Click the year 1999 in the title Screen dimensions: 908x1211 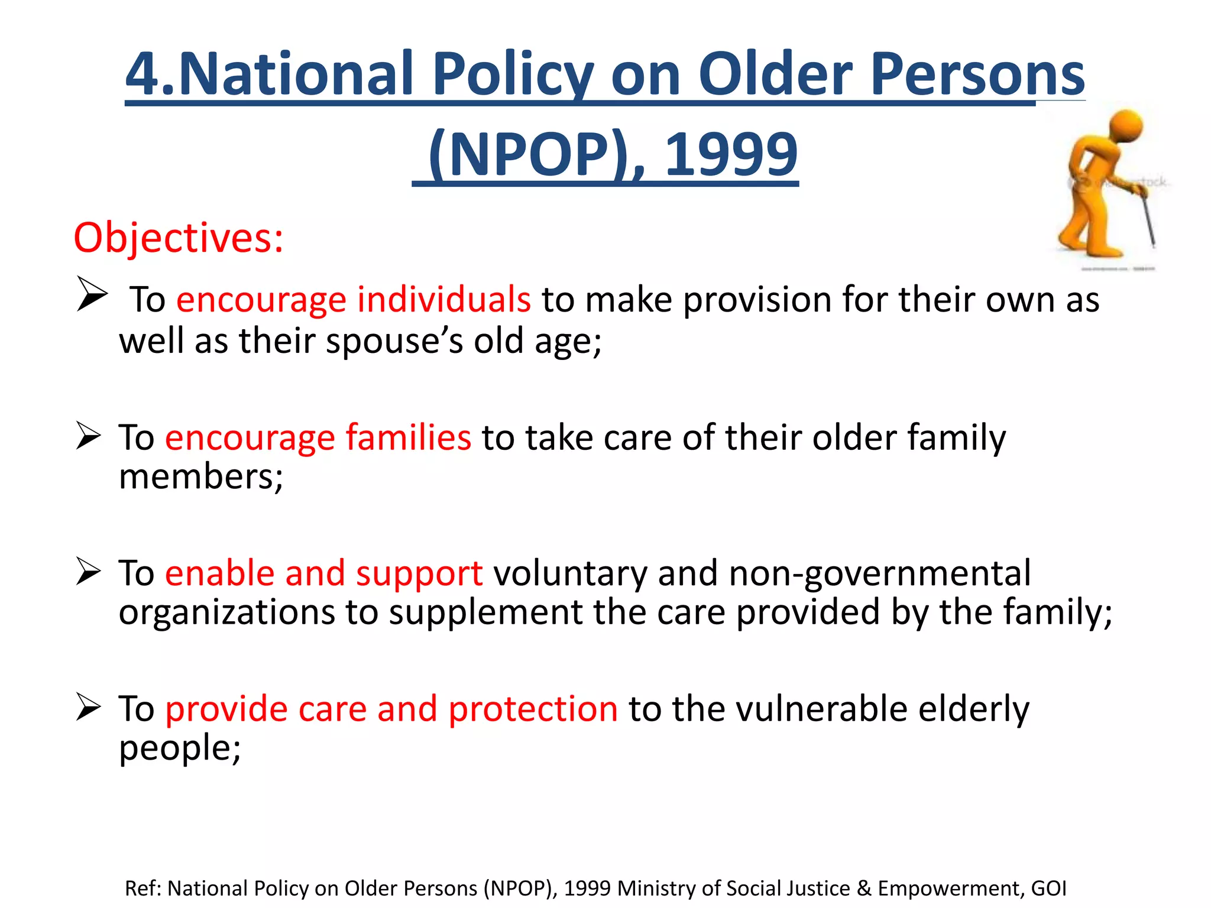point(731,155)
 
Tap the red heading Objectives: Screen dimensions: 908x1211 point(179,238)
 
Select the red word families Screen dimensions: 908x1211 point(408,437)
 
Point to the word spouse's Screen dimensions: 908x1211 point(394,341)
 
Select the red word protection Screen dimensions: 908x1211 point(533,709)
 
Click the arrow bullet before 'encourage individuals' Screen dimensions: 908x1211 point(92,294)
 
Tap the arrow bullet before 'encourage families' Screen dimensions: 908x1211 point(89,436)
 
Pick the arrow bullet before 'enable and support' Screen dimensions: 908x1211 point(89,572)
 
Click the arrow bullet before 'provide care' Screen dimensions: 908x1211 point(89,708)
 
